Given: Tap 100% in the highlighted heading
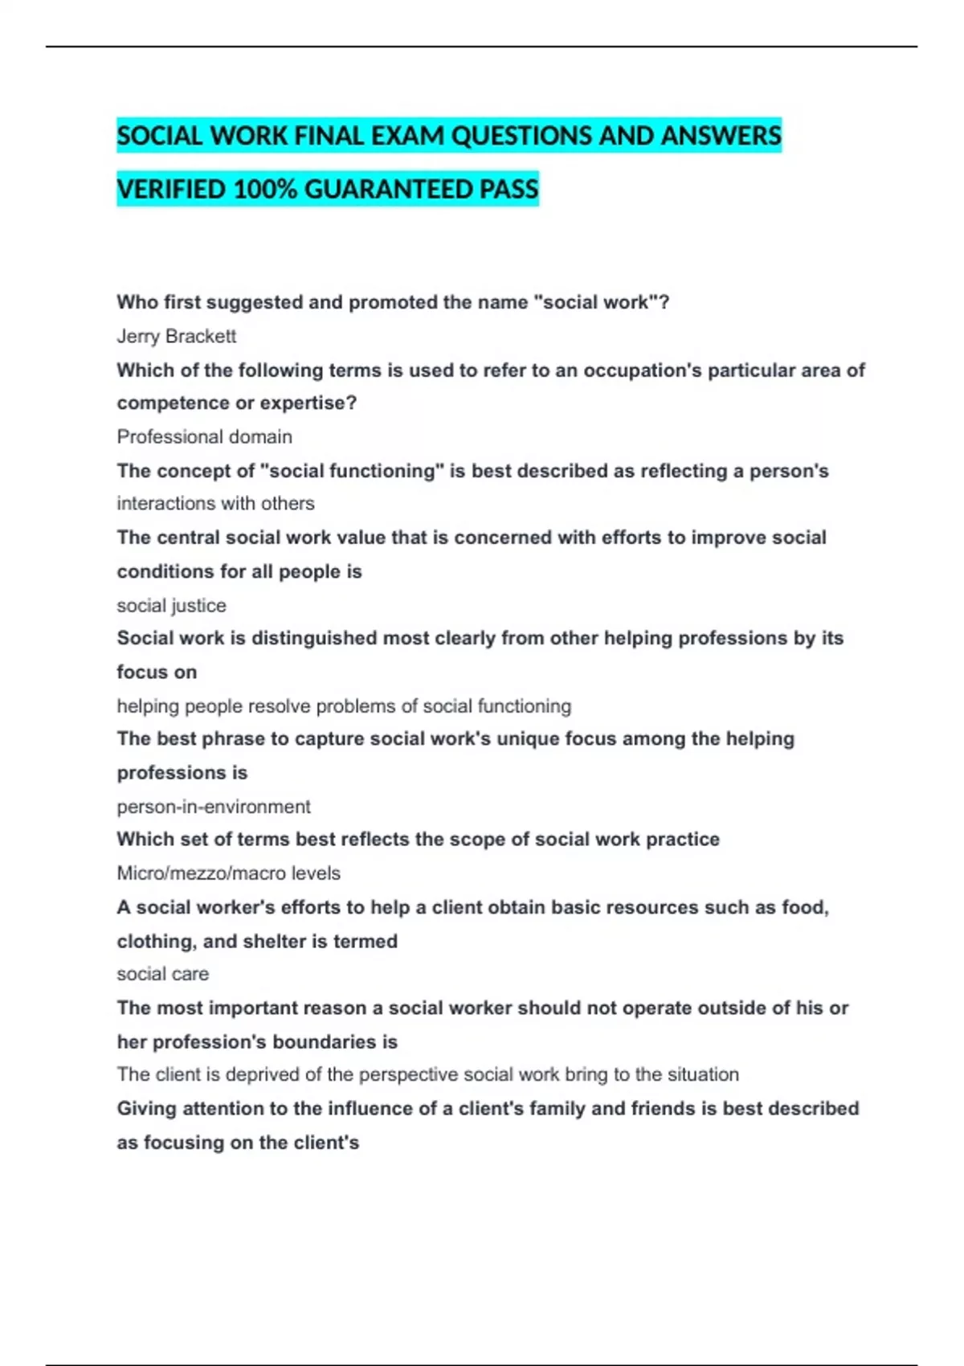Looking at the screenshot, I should (x=264, y=190).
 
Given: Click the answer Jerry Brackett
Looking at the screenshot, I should (x=176, y=336).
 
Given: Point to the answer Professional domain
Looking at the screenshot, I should (x=204, y=436).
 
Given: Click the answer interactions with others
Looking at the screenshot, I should (x=215, y=503).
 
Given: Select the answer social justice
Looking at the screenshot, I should (x=171, y=605).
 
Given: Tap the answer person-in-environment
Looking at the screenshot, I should (x=213, y=806).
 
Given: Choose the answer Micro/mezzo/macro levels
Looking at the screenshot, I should (x=228, y=873).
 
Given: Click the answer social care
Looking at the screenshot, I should (x=162, y=974).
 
